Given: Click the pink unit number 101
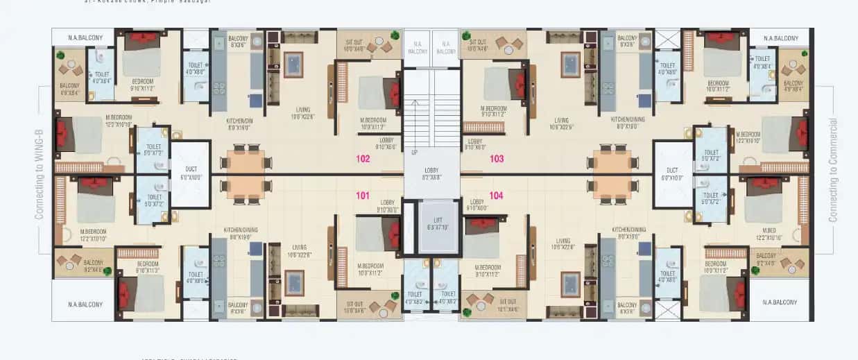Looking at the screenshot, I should (362, 196).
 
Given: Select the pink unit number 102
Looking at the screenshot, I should (362, 159).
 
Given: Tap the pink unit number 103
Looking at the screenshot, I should (497, 159).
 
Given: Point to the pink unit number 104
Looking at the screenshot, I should (496, 196).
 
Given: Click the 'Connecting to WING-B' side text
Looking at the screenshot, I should (39, 170).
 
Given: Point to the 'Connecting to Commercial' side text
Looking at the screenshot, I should (833, 170).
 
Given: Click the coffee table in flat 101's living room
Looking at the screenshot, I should (294, 282).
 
